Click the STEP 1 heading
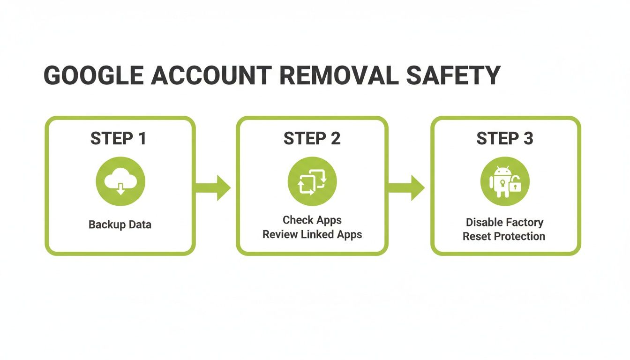point(118,139)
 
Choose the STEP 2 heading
point(312,139)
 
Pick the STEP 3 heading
point(505,139)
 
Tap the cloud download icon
point(120,181)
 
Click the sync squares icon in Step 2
point(312,181)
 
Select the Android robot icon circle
point(505,181)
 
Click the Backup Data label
point(120,225)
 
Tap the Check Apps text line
point(312,220)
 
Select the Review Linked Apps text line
point(312,234)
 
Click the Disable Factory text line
point(504,222)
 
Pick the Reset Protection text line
point(504,236)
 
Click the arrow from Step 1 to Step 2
point(214,187)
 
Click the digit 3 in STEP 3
point(528,139)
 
